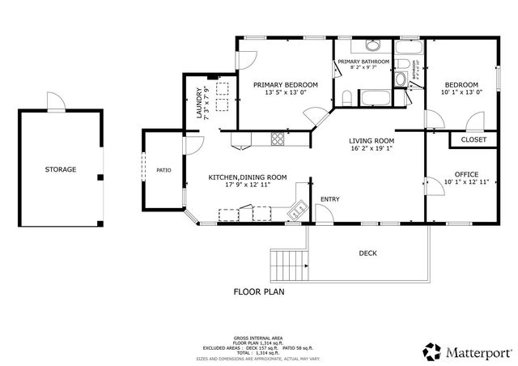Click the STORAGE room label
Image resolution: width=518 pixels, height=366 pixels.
(61, 169)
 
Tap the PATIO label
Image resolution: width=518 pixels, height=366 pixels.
(163, 170)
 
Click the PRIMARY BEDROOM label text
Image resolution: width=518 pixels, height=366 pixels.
(285, 84)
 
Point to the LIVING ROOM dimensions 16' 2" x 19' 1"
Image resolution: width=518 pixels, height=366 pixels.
(372, 149)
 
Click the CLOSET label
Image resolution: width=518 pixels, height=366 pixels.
(473, 140)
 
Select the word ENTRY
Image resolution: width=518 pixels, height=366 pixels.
(330, 199)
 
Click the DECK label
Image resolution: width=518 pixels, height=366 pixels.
(368, 253)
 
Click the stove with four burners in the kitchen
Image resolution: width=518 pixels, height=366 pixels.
(278, 138)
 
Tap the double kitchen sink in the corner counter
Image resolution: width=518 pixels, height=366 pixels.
(299, 211)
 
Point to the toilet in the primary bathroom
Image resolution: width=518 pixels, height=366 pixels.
(346, 99)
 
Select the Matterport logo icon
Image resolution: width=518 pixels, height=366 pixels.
(431, 351)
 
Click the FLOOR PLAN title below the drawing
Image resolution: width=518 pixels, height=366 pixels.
(259, 292)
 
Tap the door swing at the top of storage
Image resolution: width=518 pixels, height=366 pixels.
(55, 103)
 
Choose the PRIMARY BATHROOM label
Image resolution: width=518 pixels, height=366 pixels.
(364, 62)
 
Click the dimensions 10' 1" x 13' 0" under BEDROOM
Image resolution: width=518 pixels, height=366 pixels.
(461, 92)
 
